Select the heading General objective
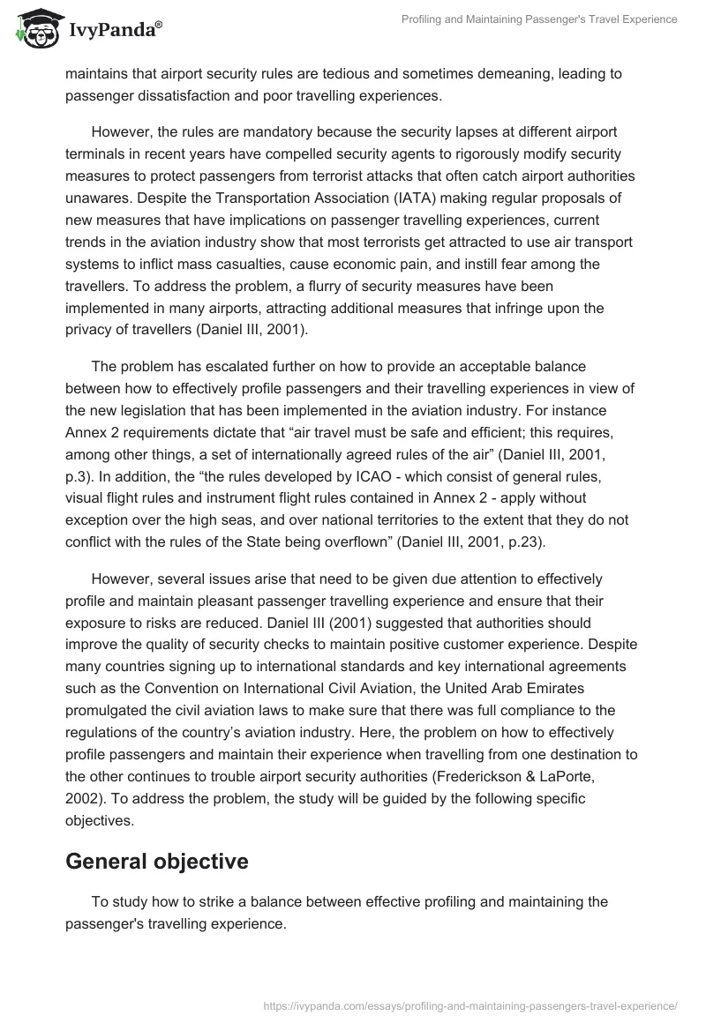pos(157,862)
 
